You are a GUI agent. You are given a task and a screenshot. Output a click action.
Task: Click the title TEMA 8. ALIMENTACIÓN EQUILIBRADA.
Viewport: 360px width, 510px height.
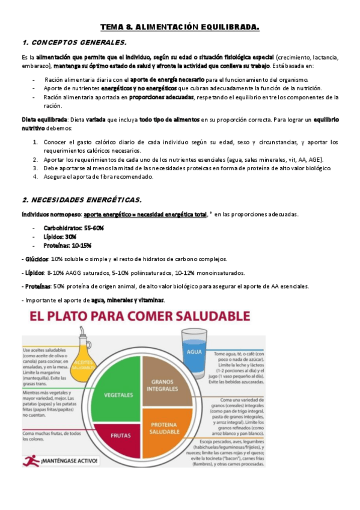pos(180,27)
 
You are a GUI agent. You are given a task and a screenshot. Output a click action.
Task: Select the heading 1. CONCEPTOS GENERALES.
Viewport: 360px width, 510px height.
pos(74,43)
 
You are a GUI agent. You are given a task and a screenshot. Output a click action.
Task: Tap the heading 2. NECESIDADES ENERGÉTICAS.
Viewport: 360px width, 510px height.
pos(82,200)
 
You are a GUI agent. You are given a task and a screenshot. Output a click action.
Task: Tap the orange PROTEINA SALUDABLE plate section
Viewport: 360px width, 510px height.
pos(163,428)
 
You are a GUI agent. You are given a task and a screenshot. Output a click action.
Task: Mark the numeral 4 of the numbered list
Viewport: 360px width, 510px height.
pos(36,177)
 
